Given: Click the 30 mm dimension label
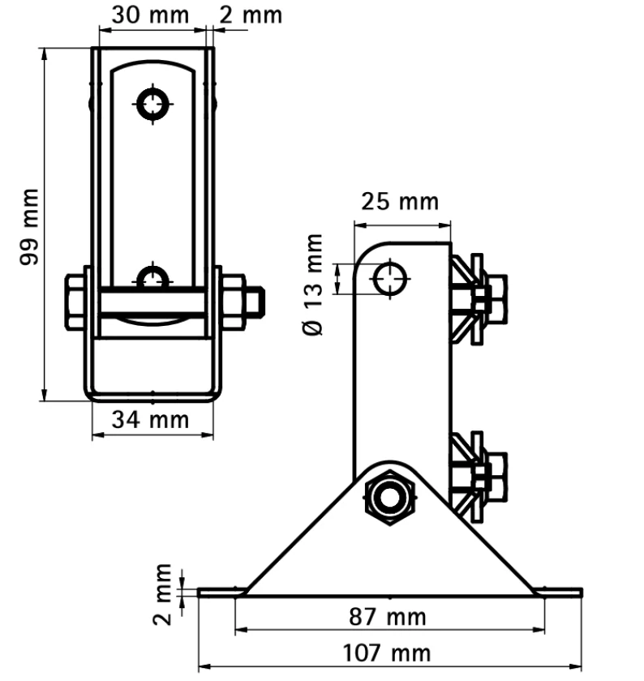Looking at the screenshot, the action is (x=150, y=15).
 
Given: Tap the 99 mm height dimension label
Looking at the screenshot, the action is (x=29, y=226).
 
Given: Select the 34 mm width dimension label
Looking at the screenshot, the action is (x=150, y=420).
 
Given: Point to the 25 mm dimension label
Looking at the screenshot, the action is (x=400, y=202).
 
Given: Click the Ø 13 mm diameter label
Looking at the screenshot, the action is (x=313, y=285).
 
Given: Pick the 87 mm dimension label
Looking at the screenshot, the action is (x=387, y=617).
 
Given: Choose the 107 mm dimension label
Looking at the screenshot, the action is (x=387, y=653).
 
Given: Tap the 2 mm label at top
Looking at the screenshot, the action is (x=251, y=15).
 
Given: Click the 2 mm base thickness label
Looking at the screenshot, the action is (x=162, y=594).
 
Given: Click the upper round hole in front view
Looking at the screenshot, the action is (x=152, y=105).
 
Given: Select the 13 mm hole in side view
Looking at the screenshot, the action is (x=390, y=279).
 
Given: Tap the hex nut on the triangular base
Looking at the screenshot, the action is (x=390, y=498).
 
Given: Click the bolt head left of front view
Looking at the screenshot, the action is (x=75, y=302).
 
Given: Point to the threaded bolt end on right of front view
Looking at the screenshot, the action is (x=256, y=302).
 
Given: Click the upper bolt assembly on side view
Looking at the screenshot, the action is (x=479, y=300).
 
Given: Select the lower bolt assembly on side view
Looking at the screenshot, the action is (x=479, y=477).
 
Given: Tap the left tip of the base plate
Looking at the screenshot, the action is (x=198, y=593).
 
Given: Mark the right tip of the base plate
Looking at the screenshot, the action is (x=582, y=593).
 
